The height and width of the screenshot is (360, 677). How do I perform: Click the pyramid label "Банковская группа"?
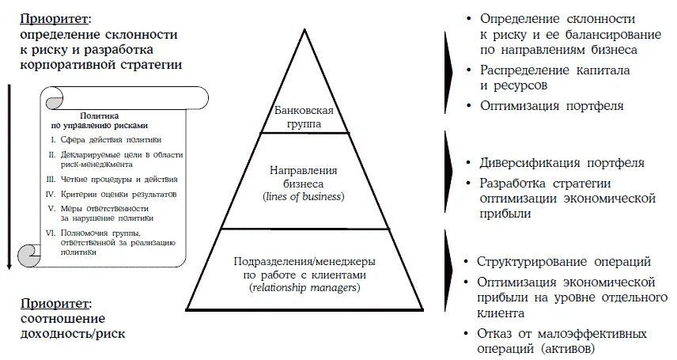(304, 116)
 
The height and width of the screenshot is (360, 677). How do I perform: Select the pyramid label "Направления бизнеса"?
(304, 176)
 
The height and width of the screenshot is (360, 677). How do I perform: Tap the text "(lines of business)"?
(304, 196)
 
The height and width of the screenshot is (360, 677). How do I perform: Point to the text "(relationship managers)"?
(304, 287)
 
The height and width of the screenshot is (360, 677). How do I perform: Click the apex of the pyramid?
(304, 31)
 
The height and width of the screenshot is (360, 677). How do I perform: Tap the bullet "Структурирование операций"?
(564, 262)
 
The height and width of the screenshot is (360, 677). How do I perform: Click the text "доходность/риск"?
(74, 335)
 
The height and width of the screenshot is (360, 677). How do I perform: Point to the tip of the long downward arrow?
(9, 269)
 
